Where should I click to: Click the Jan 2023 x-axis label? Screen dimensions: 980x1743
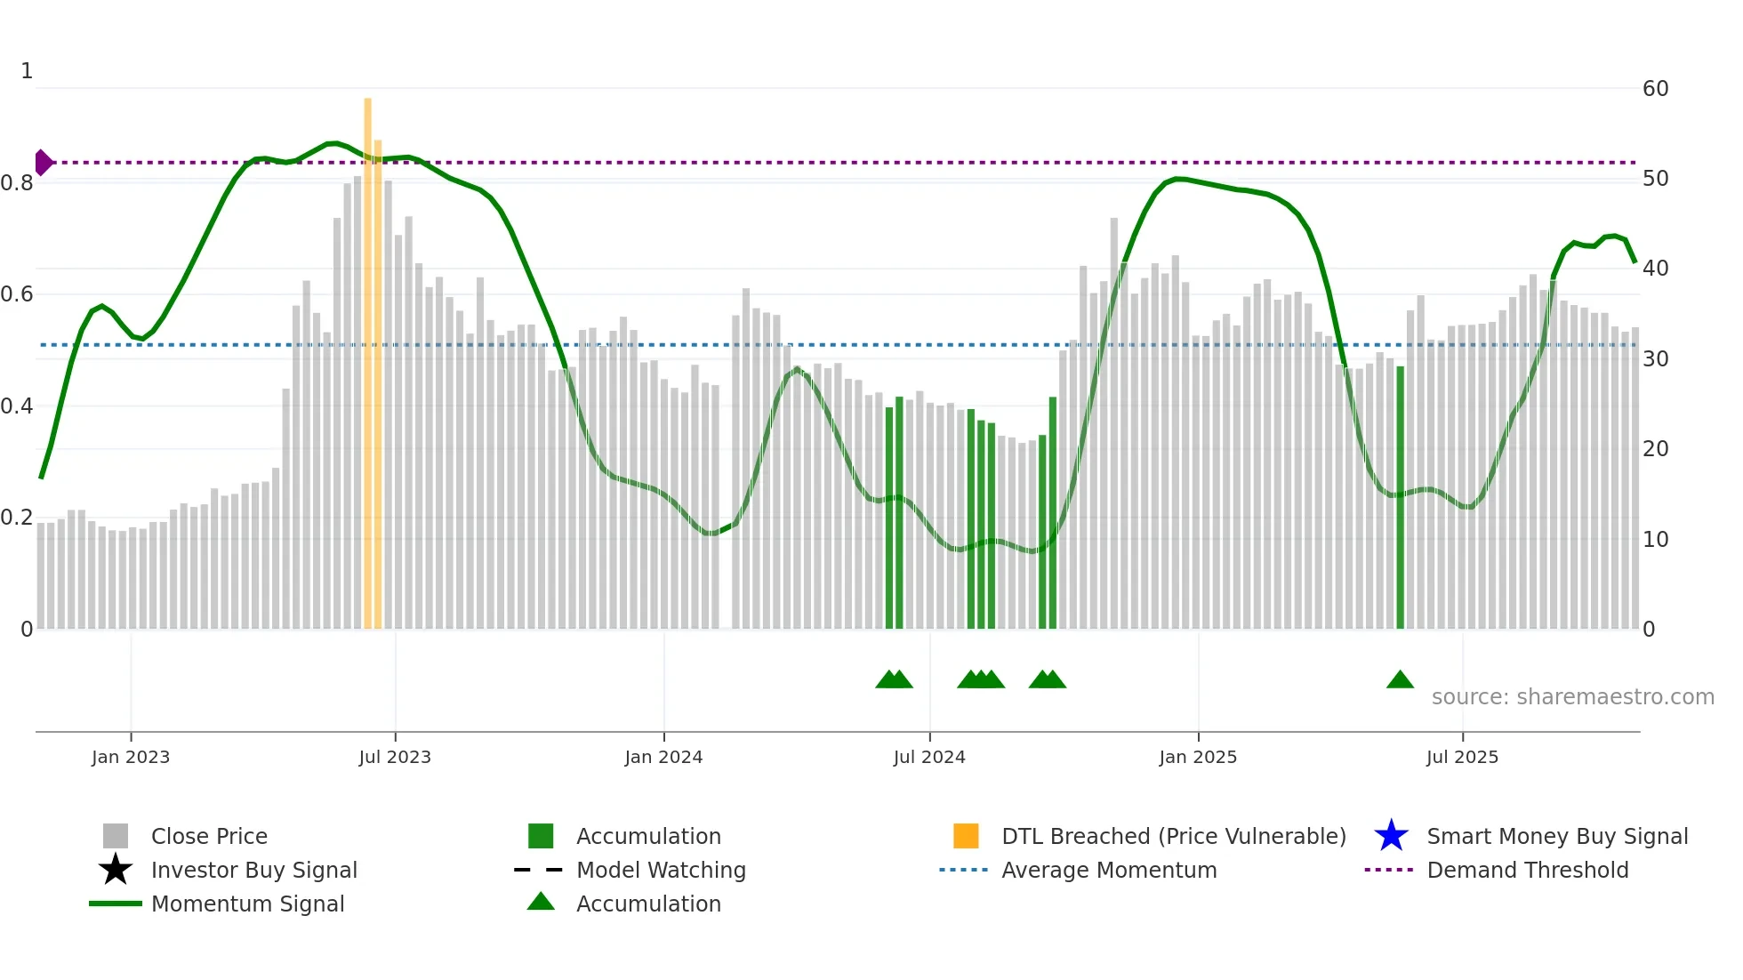(130, 757)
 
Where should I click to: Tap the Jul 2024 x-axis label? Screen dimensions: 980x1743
(928, 757)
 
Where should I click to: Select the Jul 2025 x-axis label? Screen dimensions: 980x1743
(1461, 757)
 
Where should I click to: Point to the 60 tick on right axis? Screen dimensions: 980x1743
(1655, 89)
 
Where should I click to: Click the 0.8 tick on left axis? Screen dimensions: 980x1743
(17, 183)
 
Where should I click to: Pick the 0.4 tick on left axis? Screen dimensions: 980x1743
(17, 406)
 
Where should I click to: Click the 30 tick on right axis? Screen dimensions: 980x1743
(1655, 359)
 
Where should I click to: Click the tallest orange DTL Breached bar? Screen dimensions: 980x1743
(367, 356)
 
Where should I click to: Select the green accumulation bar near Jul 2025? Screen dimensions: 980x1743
(1400, 498)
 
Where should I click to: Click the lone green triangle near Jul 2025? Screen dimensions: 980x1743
(1400, 680)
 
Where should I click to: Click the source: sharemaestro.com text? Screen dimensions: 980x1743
(1572, 697)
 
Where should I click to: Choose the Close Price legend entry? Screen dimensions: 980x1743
(209, 836)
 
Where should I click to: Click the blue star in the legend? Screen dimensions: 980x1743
(1391, 836)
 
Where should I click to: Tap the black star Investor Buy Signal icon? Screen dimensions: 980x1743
(116, 870)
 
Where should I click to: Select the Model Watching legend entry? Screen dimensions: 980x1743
(660, 870)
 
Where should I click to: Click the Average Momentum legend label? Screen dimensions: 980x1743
(1108, 870)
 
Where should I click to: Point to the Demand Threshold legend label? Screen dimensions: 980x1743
(1527, 870)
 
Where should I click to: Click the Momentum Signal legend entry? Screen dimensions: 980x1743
(247, 904)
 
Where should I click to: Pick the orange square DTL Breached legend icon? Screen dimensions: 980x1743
(966, 836)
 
